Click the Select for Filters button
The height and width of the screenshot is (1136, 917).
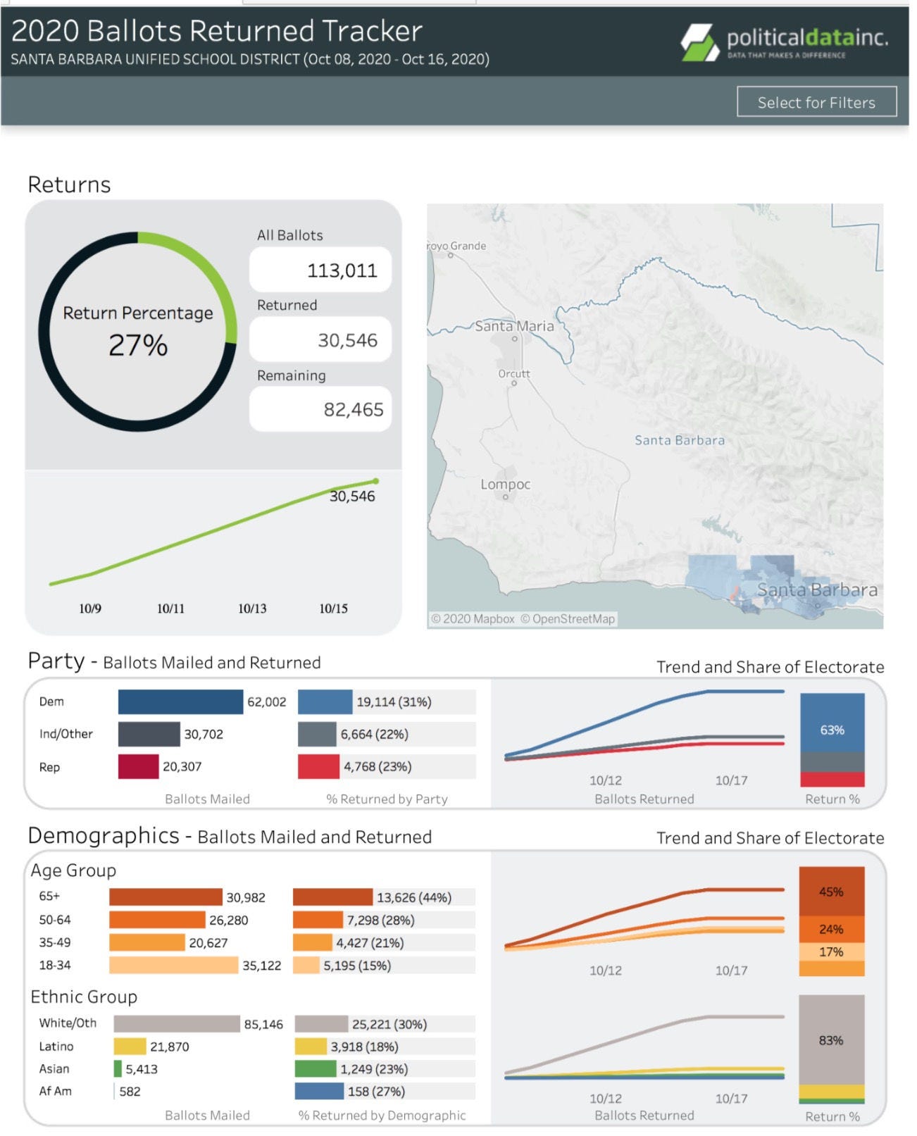816,101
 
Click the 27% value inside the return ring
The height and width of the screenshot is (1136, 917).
138,344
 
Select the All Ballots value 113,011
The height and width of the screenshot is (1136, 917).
342,270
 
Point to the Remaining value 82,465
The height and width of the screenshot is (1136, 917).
353,409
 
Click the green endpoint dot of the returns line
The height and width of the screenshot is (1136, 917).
376,481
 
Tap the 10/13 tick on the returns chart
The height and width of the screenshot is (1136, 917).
252,608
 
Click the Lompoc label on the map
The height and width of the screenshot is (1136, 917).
505,485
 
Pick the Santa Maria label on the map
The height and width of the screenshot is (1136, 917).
514,326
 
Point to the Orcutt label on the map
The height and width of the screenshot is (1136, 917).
513,373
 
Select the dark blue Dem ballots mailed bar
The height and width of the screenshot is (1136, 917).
180,701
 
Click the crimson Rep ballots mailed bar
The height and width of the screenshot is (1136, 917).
138,766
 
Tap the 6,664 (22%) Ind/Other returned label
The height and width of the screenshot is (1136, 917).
374,734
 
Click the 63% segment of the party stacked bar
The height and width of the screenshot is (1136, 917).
832,723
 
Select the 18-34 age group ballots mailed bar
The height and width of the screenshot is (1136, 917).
173,965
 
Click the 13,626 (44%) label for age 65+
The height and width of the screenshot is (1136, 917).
414,897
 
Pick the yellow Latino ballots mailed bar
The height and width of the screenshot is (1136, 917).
130,1046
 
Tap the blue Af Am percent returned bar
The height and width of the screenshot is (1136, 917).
319,1091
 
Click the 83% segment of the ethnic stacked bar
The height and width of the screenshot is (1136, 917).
831,1040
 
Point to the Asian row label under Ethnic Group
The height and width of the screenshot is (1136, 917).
54,1068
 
